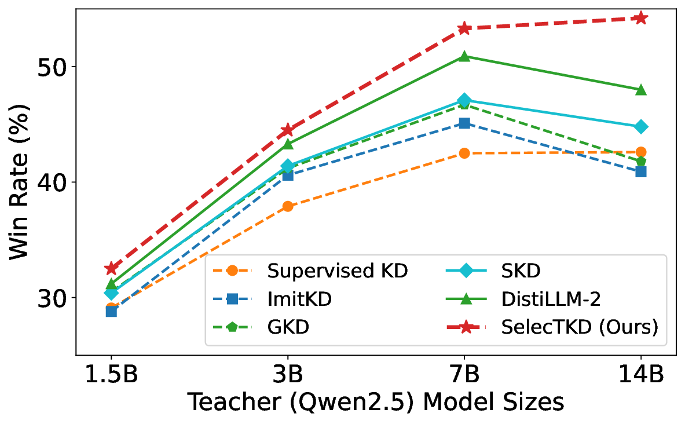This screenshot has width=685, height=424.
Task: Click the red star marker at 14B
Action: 641,18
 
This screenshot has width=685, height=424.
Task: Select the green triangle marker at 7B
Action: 464,56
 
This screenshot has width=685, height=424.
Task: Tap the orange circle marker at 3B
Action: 288,206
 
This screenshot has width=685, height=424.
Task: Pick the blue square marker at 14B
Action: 641,171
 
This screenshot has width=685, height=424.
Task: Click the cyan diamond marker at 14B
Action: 641,126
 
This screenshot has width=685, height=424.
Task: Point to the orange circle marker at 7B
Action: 464,153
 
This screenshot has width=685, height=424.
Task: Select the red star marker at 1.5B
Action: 111,268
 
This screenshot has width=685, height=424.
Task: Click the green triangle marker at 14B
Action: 641,90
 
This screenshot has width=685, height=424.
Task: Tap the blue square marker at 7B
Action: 464,123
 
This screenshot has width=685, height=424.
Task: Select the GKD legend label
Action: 288,327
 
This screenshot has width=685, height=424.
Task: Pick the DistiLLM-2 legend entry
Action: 541,299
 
